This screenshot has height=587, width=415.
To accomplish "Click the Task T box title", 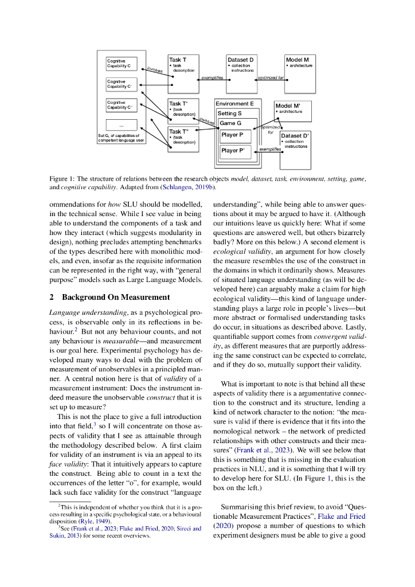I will click(x=177, y=60).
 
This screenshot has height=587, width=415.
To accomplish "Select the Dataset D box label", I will click(x=241, y=60).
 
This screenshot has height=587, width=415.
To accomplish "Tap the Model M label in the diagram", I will click(x=297, y=60).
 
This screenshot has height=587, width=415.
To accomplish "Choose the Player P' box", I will click(x=233, y=151).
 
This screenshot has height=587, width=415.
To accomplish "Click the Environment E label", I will click(x=234, y=104).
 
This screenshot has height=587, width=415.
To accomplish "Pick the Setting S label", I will click(x=229, y=114).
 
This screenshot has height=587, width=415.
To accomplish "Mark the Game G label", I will click(x=231, y=123).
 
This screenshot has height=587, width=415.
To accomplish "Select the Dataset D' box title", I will click(x=296, y=136).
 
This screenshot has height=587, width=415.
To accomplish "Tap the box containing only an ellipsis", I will click(x=122, y=125).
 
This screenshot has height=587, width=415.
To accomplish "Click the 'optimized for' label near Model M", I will click(x=271, y=78).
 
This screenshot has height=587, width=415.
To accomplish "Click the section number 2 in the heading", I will click(x=52, y=297).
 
